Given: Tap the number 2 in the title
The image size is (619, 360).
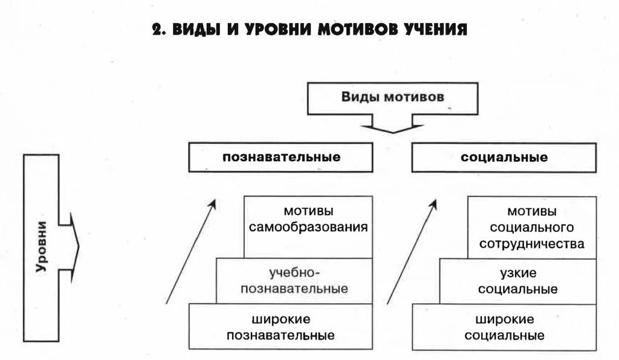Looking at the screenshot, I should (x=157, y=30).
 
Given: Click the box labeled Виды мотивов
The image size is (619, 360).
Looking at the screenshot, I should (x=393, y=98).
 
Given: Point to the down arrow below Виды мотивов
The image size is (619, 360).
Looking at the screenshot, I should (x=393, y=125).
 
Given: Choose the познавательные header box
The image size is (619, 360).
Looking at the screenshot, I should (x=281, y=158).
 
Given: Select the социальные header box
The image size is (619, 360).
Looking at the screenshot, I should (x=504, y=158).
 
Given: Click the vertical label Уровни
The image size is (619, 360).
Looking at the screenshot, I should (x=41, y=248).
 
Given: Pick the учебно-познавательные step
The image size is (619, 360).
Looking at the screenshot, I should (x=294, y=281).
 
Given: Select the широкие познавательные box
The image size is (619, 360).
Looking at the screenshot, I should (x=280, y=327).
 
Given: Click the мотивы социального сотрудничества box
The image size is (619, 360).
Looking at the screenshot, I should (x=532, y=228).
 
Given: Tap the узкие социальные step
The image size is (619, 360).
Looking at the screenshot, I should (x=517, y=281).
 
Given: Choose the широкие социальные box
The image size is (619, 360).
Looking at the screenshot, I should (x=505, y=327).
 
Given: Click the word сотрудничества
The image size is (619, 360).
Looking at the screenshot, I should (x=532, y=245).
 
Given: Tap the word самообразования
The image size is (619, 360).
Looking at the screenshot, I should (x=308, y=228).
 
